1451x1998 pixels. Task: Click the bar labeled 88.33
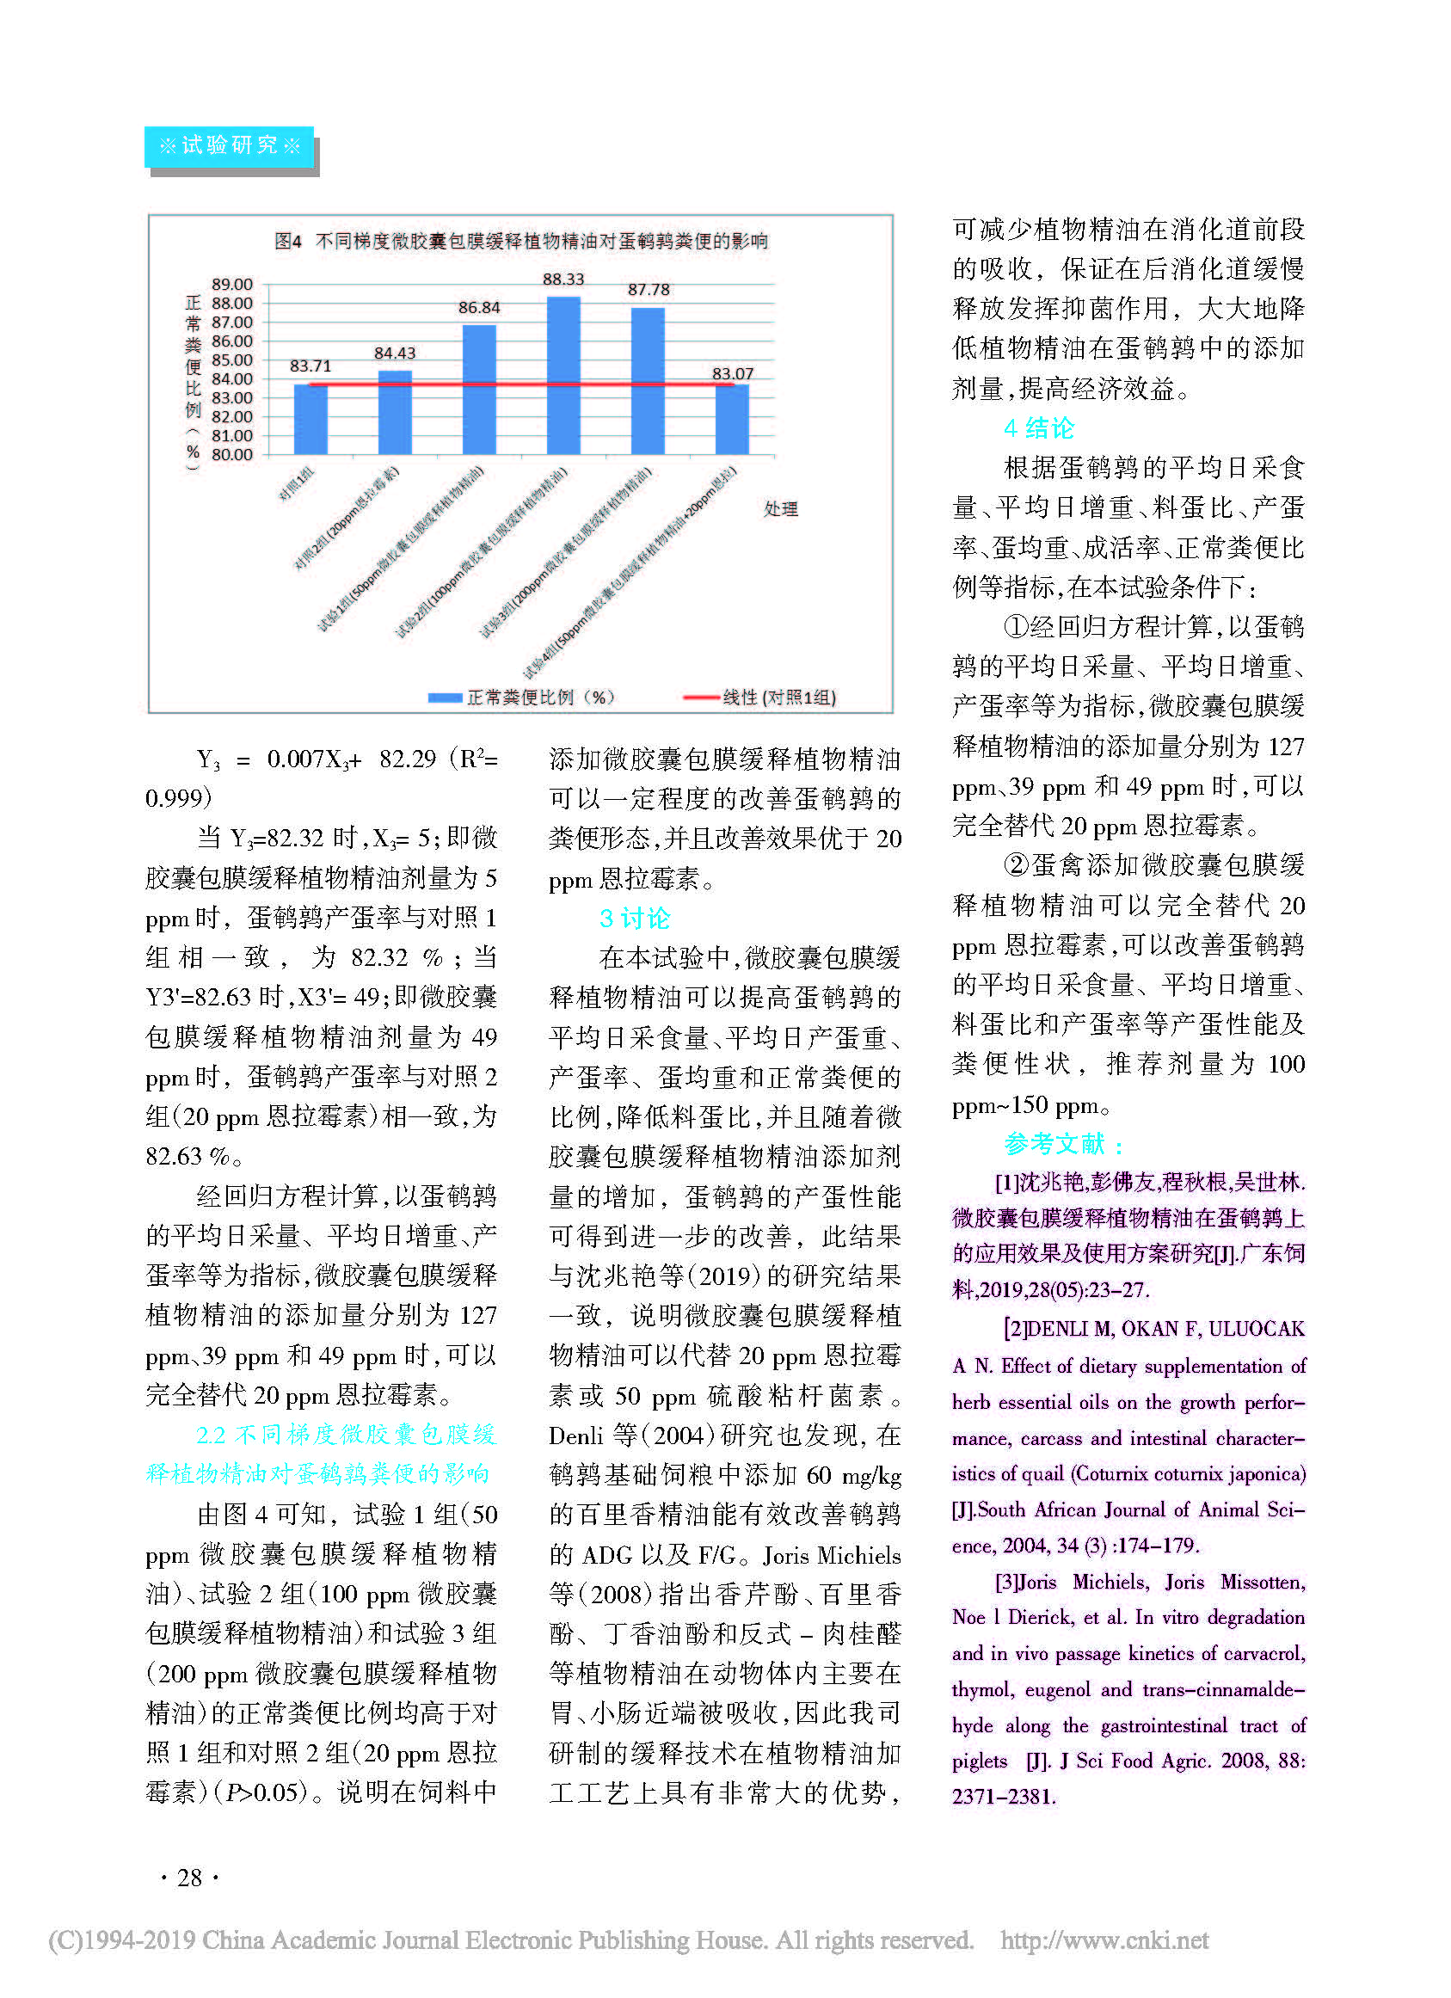[563, 376]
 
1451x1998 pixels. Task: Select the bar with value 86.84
[479, 390]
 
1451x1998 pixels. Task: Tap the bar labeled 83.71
[310, 420]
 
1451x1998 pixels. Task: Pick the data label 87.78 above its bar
[649, 290]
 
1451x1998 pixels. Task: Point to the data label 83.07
[732, 373]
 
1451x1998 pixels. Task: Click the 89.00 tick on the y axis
[231, 285]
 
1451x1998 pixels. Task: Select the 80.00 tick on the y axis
[231, 455]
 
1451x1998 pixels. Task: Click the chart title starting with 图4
[520, 241]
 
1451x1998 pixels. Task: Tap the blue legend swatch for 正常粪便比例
[445, 698]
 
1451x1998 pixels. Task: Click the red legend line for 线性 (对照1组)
[701, 698]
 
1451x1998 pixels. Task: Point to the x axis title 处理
[781, 508]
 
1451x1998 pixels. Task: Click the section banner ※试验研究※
[229, 146]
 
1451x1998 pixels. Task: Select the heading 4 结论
[1039, 428]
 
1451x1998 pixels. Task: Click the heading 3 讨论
[634, 918]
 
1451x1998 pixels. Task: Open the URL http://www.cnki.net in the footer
[1104, 1940]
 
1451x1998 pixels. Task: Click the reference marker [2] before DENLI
[1015, 1329]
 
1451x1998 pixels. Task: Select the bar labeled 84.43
[395, 412]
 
